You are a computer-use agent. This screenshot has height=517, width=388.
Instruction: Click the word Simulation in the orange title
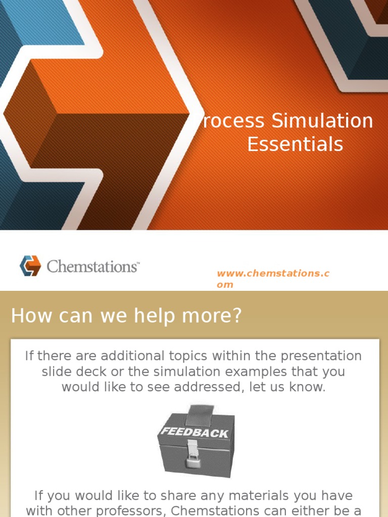coord(322,121)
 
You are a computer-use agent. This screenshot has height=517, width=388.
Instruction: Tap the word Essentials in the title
coord(295,144)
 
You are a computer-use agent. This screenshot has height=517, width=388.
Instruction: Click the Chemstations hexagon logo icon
coord(30,266)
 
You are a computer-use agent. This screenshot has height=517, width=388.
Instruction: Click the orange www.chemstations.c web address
coord(273,274)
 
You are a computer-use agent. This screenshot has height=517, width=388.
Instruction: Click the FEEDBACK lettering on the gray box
coord(195,433)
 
